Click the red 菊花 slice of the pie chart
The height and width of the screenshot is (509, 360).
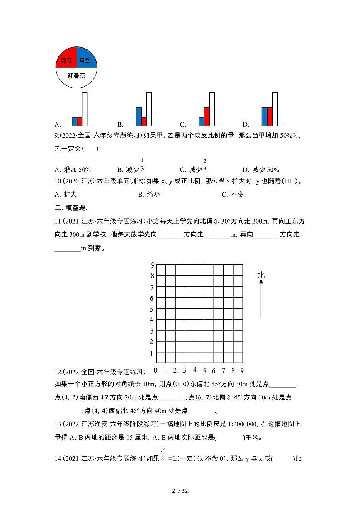point(66,61)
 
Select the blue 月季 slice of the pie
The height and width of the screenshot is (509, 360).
point(86,61)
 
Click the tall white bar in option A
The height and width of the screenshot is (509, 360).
point(85,109)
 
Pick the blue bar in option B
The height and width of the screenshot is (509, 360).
point(139,117)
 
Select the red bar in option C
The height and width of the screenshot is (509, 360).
point(207,117)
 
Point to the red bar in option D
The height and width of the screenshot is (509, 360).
point(270,117)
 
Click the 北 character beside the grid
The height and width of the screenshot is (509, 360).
point(261,275)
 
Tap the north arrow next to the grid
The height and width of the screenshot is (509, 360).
point(261,299)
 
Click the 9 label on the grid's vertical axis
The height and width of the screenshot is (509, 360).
point(152,265)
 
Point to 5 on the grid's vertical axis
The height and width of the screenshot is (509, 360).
point(152,309)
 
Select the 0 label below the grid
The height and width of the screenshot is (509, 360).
point(156,370)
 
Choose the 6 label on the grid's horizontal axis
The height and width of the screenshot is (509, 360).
point(214,370)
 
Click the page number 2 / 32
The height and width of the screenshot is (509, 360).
point(180,491)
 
